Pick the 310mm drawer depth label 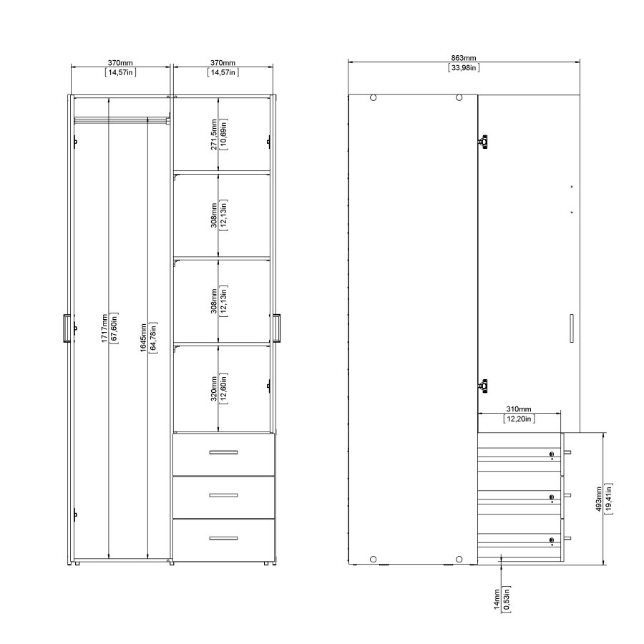pos(519,409)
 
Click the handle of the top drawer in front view pos(223,452)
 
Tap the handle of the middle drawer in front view pos(223,495)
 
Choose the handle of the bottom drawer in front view pos(223,537)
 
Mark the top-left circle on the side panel pos(373,99)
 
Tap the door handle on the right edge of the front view pos(277,327)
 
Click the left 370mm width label pos(121,63)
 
